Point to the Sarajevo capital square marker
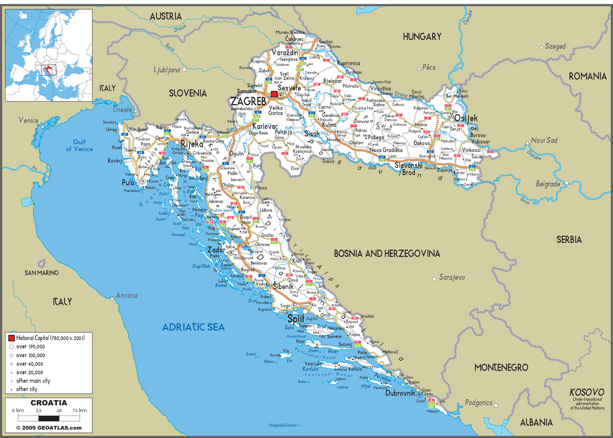coord(434,279)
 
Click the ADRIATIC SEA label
coord(194,327)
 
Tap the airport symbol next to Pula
coord(143,181)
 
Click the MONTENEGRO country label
coord(501,367)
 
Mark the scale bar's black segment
coord(49,418)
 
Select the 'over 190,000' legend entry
coord(31,346)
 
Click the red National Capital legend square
coord(11,338)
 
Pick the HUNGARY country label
coord(422,36)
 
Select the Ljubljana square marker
coord(184,69)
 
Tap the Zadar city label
coord(216,250)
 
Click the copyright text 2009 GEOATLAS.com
coord(49,428)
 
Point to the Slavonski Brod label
coord(408,169)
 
